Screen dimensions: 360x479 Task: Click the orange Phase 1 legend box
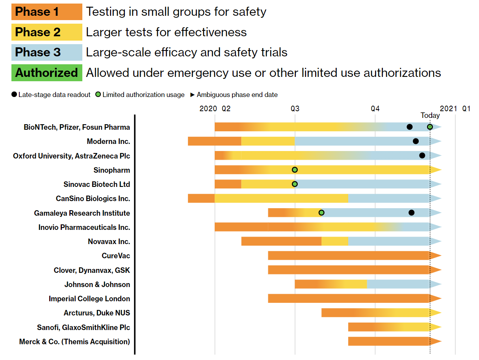point(47,12)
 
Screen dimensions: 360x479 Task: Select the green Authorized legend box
point(47,73)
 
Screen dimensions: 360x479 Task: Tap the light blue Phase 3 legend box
point(47,52)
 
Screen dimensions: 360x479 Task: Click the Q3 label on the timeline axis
point(295,108)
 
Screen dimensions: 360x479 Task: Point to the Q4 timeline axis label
point(375,108)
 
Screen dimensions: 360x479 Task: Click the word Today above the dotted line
point(430,116)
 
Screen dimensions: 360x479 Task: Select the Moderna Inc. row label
point(108,141)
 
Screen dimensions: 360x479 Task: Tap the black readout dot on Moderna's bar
point(416,141)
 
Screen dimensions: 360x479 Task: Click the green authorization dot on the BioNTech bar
point(430,127)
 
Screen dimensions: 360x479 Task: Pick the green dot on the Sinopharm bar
point(295,170)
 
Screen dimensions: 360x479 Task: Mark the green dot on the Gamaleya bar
point(321,213)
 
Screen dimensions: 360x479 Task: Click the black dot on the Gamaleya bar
point(412,213)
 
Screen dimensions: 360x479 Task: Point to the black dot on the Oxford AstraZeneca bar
point(422,155)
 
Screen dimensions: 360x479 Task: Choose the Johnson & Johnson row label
point(97,284)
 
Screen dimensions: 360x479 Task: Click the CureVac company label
point(116,256)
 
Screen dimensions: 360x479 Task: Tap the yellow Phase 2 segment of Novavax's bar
point(334,241)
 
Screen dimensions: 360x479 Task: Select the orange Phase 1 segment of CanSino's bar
point(201,198)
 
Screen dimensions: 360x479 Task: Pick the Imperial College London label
point(89,298)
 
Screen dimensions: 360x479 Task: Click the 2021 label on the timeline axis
point(448,108)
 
